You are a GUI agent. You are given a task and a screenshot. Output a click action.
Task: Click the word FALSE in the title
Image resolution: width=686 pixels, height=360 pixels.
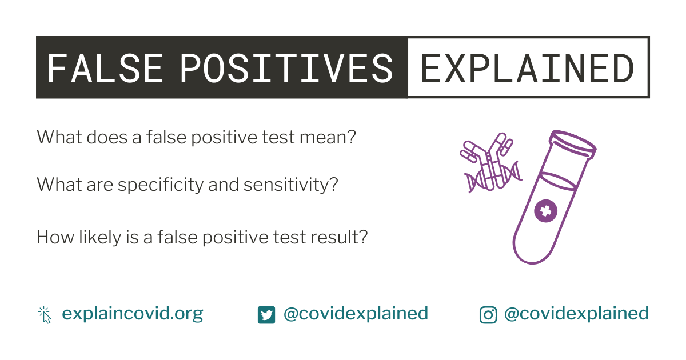[x=105, y=68]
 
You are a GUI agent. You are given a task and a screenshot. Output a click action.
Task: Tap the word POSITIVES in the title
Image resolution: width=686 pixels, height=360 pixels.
[x=286, y=68]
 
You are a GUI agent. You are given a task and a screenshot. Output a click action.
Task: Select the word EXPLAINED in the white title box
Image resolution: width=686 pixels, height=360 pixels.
[x=527, y=68]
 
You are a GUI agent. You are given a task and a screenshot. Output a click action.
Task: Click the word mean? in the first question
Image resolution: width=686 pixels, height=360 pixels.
[x=328, y=137]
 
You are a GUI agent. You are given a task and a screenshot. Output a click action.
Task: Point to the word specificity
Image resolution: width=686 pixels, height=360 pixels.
[x=161, y=185]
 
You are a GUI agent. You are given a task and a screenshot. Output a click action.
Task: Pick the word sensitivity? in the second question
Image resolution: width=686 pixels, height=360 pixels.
[x=290, y=185]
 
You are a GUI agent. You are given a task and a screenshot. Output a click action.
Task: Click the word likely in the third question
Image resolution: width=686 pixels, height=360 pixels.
[x=100, y=238]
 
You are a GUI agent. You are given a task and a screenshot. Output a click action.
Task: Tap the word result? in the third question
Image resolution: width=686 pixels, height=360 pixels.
[x=339, y=237]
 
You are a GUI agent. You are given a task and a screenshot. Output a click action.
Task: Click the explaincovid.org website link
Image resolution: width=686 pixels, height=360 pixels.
[x=132, y=314]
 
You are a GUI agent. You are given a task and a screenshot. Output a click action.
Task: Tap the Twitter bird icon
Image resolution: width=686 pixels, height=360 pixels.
[x=266, y=315]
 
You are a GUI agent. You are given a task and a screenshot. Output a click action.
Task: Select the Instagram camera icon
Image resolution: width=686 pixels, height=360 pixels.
[x=488, y=315]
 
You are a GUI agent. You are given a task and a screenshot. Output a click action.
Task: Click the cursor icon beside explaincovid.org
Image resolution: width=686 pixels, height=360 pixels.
[x=45, y=315]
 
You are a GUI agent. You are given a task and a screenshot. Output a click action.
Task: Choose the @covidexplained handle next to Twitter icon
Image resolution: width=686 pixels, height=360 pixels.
[x=356, y=314]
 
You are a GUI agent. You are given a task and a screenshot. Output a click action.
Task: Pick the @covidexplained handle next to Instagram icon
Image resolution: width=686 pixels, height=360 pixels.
[x=576, y=314]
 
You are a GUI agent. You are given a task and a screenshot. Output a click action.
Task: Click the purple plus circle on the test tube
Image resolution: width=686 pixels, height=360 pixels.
[x=545, y=211]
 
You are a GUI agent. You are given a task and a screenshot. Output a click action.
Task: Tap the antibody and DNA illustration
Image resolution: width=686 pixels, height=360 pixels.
[x=491, y=163]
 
